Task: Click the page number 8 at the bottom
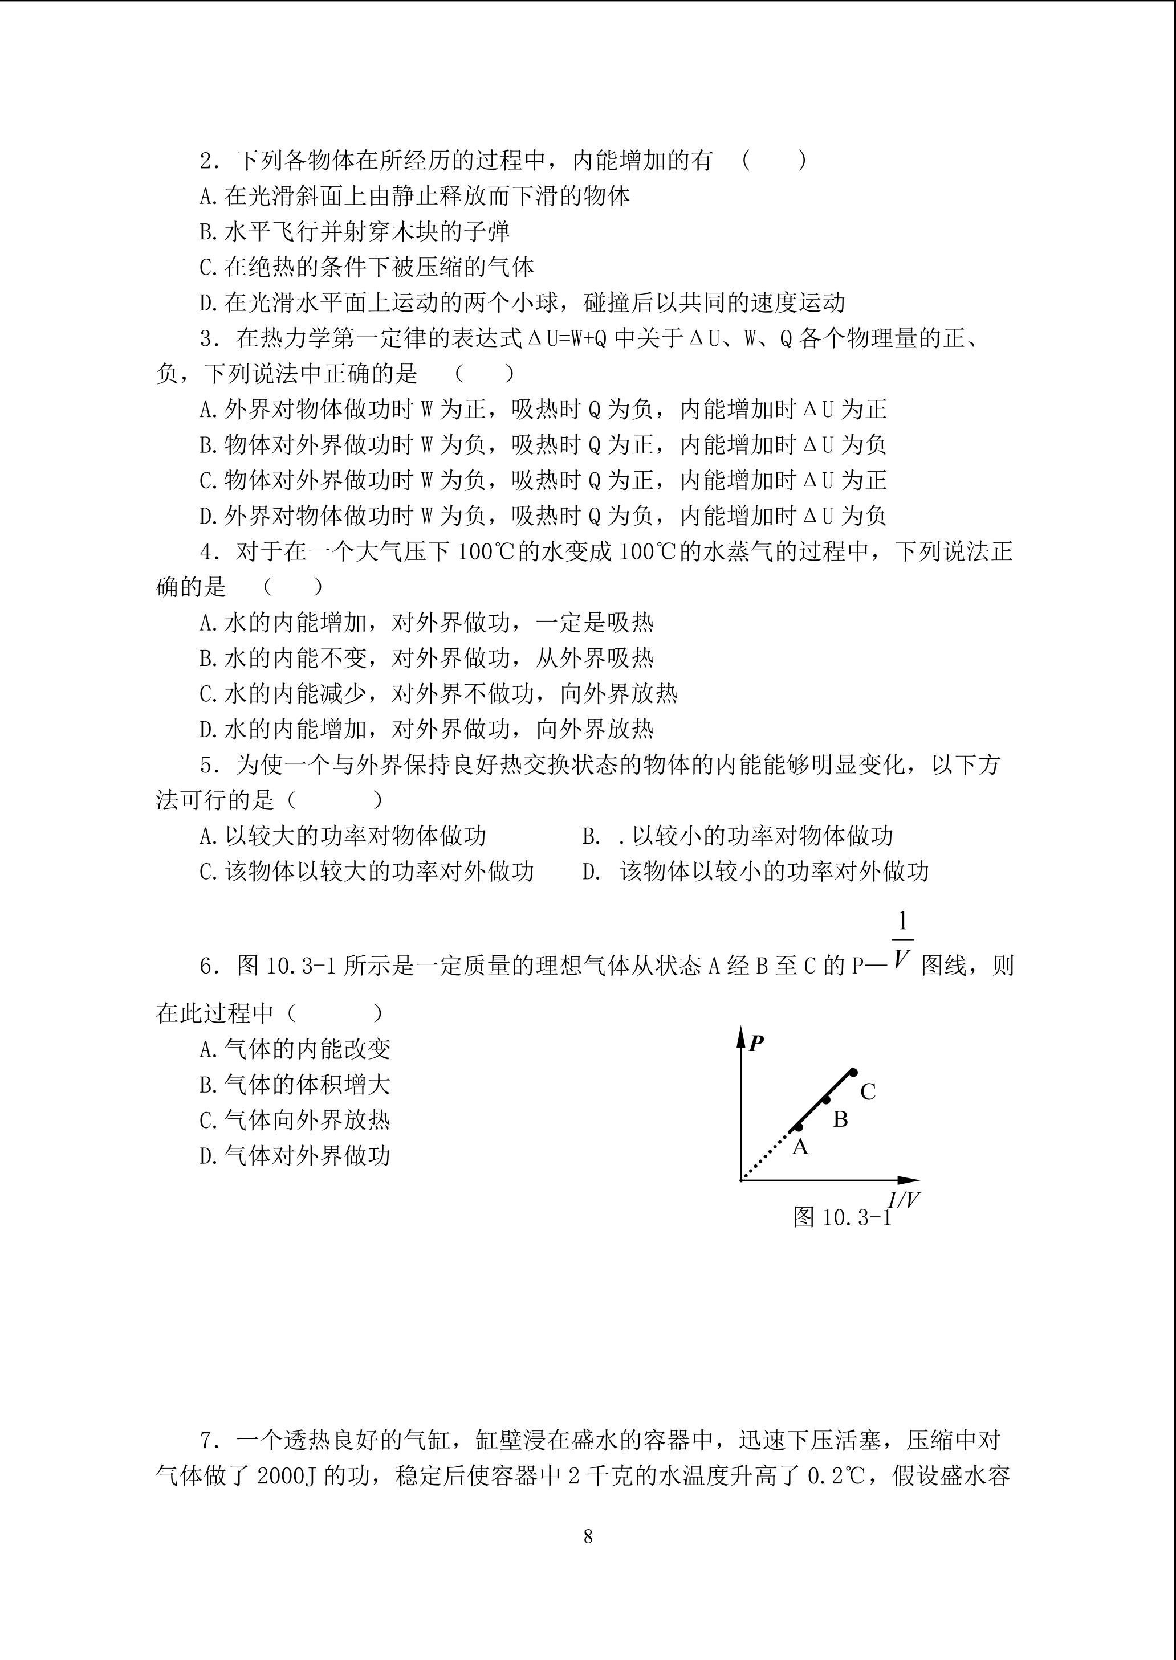pos(588,1536)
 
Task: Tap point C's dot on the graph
pos(854,1072)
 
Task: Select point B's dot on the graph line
pos(825,1100)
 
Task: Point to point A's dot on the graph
pos(799,1127)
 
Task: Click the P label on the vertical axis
pos(756,1044)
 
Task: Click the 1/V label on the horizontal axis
pos(904,1200)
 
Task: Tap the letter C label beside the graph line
pos(868,1091)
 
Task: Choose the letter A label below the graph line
pos(800,1147)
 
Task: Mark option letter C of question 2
pos(208,268)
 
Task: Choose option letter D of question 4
pos(208,729)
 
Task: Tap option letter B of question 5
pos(591,836)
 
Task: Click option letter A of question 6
pos(208,1049)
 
